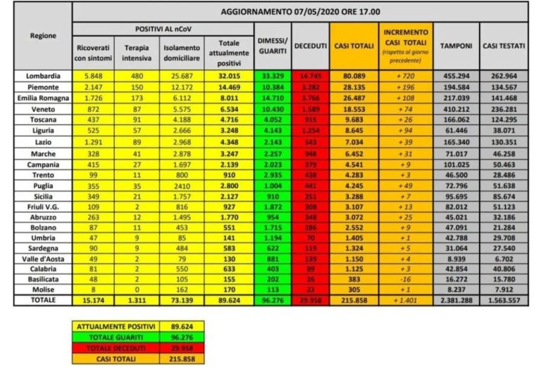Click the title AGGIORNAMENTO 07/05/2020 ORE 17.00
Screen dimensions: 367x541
coord(300,13)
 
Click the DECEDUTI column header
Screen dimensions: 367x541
coord(310,45)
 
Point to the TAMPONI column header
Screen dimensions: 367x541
coord(456,45)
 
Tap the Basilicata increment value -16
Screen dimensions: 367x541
coord(405,280)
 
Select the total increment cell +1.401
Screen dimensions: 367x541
coord(405,299)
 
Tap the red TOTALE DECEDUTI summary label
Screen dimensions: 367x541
coord(107,347)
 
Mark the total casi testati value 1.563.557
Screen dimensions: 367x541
coord(504,299)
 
